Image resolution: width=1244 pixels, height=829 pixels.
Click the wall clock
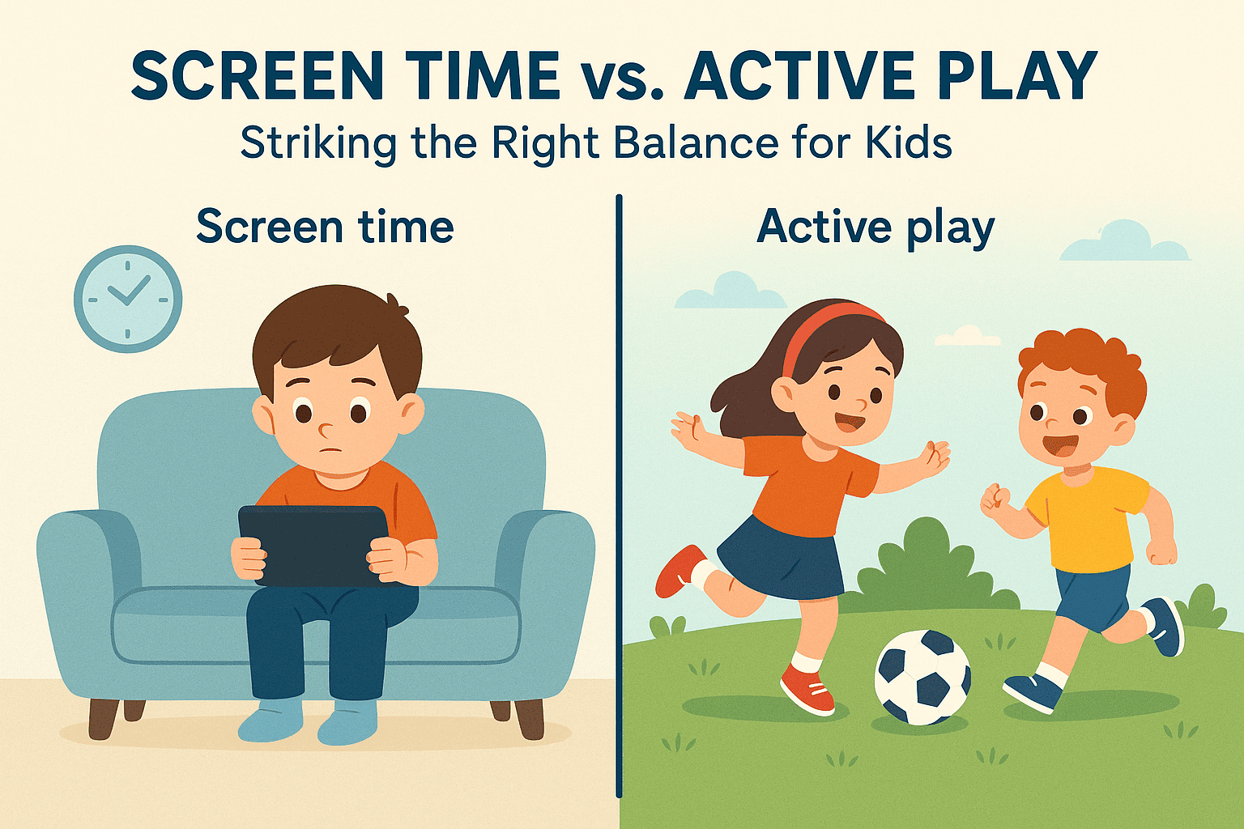pos(128,299)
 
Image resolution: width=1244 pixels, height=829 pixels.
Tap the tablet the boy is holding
pos(313,544)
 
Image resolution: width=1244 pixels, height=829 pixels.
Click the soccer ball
pos(922,676)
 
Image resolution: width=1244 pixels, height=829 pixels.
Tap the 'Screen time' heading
pos(325,227)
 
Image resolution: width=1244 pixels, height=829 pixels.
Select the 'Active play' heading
pos(875,227)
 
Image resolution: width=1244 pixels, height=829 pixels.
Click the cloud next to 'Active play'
pos(1124,243)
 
